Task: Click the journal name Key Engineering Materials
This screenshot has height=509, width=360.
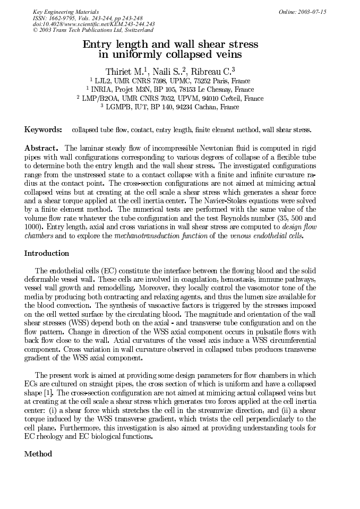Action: [x=65, y=12]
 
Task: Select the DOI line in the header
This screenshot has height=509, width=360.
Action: [x=93, y=24]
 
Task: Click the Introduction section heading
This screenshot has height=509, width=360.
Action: [x=47, y=253]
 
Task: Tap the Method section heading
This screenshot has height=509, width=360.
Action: [x=38, y=454]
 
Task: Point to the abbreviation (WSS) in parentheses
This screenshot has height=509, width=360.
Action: [x=69, y=322]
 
